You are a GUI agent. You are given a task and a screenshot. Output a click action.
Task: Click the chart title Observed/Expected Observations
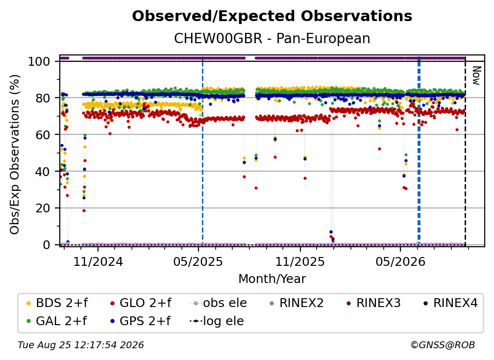pos(272,16)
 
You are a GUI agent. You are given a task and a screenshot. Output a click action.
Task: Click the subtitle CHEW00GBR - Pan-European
pos(272,38)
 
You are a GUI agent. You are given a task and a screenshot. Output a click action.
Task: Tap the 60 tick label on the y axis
pos(43,134)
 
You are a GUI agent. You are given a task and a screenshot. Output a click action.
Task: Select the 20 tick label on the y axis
pos(43,208)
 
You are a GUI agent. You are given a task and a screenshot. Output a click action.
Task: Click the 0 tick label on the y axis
pos(47,245)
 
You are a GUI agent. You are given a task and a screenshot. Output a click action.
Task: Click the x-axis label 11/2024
pos(98,261)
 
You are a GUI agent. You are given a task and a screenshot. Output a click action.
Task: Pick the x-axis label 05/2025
pos(198,261)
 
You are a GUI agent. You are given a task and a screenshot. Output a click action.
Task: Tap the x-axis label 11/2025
pos(300,261)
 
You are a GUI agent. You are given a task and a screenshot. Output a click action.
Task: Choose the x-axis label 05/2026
pos(400,261)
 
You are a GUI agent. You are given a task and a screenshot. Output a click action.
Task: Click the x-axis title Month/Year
pos(272,279)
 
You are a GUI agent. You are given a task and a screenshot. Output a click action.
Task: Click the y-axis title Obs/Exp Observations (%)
pos(15,154)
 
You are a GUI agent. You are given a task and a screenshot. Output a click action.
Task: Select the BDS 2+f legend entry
pos(57,303)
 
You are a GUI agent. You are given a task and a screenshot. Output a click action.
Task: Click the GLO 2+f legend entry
pos(141,303)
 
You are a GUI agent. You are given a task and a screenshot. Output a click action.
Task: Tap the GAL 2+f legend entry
pos(57,321)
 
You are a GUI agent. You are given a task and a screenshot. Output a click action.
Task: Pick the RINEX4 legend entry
pos(450,303)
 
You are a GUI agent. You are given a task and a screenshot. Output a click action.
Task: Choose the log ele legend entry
pos(217,321)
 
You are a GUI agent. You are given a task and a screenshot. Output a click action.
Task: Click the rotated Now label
pos(476,76)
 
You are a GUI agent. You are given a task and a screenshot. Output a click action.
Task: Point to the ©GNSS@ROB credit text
pos(443,345)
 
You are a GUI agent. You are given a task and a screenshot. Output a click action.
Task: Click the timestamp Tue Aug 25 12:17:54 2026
pos(81,345)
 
